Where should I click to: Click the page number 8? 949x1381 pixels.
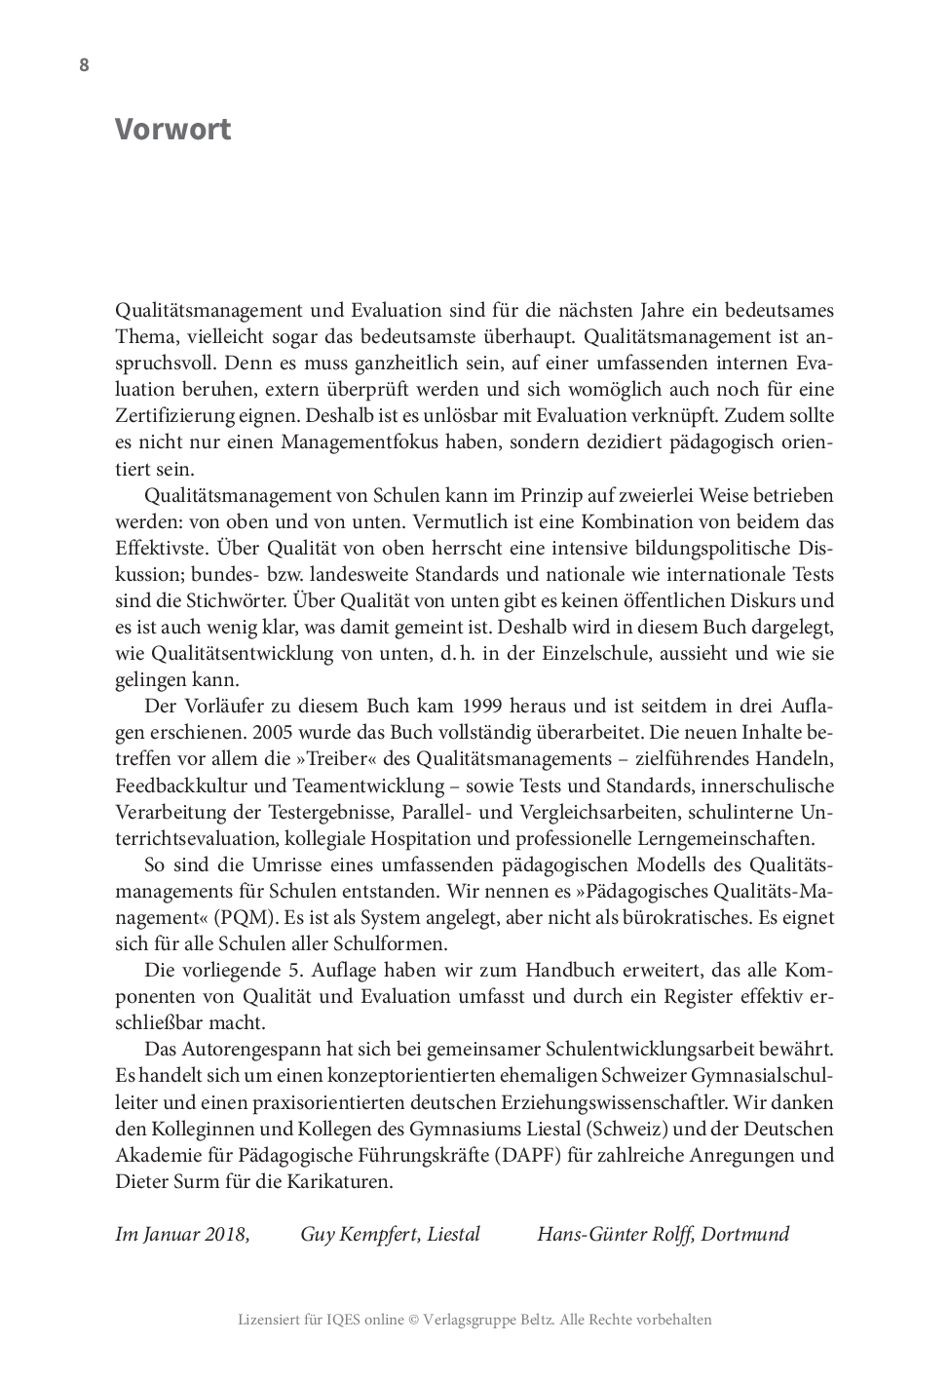point(84,65)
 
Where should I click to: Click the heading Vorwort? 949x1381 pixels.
point(172,129)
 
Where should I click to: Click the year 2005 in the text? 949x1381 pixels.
point(267,733)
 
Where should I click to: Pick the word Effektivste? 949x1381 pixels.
point(162,548)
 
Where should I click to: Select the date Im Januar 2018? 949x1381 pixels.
point(182,1235)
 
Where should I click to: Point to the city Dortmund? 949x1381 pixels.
point(744,1235)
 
